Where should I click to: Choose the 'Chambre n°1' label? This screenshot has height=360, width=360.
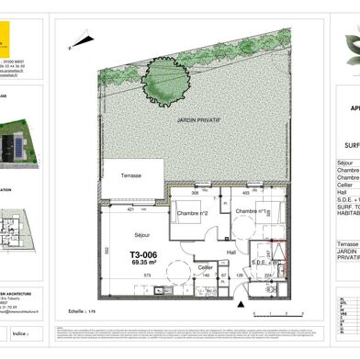point(251,212)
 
